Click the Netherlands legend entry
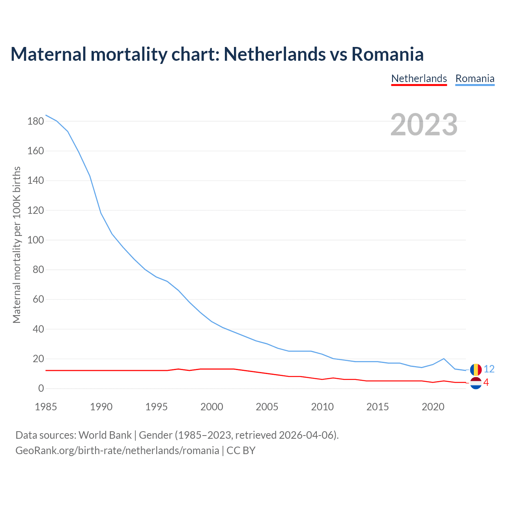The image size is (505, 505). (419, 79)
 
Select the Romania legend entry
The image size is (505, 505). (475, 79)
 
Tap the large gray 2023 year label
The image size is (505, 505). (424, 125)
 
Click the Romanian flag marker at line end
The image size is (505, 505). (476, 370)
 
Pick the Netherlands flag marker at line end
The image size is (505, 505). (476, 383)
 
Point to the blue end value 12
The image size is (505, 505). (489, 369)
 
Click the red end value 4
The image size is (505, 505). (486, 382)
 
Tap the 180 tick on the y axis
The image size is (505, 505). (36, 121)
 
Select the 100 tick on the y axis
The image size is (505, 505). (36, 240)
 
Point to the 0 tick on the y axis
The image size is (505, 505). (41, 389)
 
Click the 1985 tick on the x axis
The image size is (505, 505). (46, 407)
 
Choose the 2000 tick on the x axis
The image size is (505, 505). (212, 407)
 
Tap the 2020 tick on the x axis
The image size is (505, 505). (433, 407)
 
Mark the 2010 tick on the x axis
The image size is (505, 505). (322, 407)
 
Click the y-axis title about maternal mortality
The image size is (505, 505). (17, 245)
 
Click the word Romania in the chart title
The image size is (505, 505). (387, 54)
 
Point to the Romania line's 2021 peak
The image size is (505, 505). (444, 359)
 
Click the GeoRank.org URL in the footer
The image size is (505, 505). (117, 450)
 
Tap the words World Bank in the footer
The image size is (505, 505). (105, 435)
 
